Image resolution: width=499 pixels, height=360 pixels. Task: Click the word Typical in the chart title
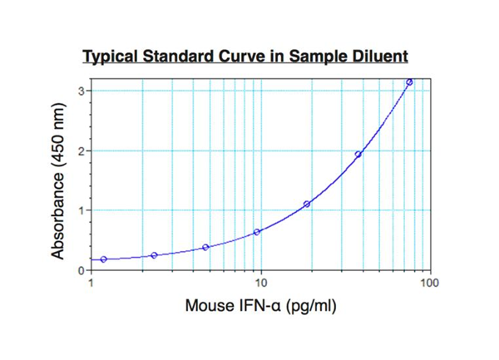click(x=112, y=57)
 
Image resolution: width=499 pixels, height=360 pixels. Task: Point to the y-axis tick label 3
click(x=82, y=91)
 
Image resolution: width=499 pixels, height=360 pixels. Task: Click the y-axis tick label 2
click(x=82, y=150)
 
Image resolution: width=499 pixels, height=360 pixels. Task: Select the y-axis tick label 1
click(x=82, y=210)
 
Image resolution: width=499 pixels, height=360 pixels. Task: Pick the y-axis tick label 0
click(x=82, y=270)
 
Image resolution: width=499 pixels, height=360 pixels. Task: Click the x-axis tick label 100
click(x=429, y=284)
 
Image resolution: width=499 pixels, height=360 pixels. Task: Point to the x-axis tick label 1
click(x=91, y=284)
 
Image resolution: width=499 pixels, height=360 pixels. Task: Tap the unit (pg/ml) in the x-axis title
click(x=309, y=308)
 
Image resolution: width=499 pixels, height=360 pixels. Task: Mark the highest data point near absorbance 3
click(x=409, y=82)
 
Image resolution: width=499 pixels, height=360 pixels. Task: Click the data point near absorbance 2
click(x=358, y=154)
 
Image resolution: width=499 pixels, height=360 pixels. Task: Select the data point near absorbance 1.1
click(x=307, y=204)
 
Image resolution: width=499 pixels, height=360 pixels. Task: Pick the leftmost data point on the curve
click(x=103, y=259)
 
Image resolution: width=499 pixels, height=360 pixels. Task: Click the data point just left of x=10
click(x=256, y=232)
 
